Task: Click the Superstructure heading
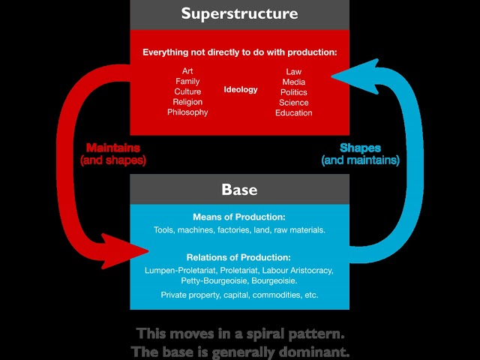pos(239,14)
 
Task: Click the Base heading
pos(239,190)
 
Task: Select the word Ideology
pos(241,90)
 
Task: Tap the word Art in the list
pos(187,71)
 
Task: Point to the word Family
pos(187,81)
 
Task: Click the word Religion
pos(187,102)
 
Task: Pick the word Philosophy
pos(187,112)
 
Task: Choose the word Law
pos(293,72)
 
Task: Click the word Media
pos(293,82)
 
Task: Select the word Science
pos(293,103)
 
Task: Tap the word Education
pos(293,113)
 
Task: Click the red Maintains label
pos(112,148)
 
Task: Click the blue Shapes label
pos(361,148)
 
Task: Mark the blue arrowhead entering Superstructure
pos(345,73)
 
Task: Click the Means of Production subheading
pos(239,217)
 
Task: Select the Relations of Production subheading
pos(239,257)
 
